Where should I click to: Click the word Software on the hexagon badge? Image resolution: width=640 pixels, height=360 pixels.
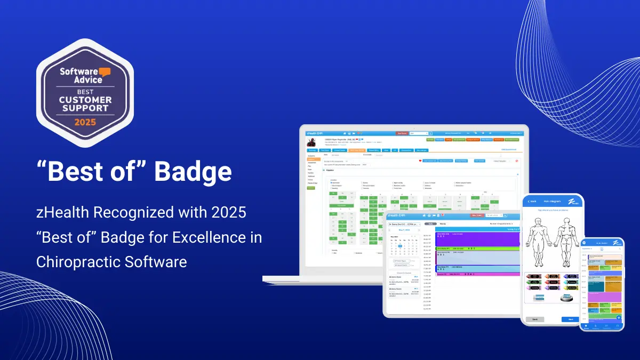(x=75, y=71)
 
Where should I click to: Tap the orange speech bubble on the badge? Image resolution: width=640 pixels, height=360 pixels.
(x=104, y=71)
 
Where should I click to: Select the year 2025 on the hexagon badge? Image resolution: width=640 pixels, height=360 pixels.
(x=85, y=122)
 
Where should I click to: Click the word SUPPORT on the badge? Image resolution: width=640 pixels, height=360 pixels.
(x=85, y=108)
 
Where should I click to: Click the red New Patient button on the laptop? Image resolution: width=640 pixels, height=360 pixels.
(x=402, y=133)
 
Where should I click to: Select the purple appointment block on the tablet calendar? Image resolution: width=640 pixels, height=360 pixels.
(x=477, y=238)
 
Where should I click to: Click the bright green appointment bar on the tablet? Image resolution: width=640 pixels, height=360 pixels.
(x=477, y=249)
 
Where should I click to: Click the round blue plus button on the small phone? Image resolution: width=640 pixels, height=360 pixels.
(x=618, y=318)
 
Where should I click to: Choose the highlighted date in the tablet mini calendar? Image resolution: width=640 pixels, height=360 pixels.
(x=400, y=246)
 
